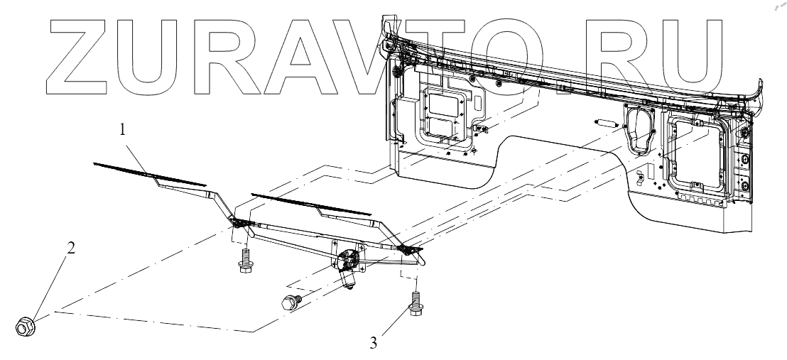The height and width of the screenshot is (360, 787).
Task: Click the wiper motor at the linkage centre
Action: (348, 266)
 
